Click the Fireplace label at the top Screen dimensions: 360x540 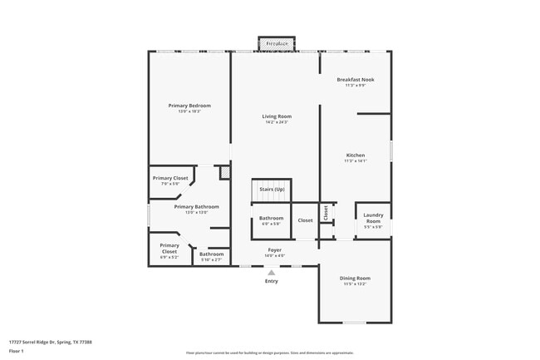pos(277,43)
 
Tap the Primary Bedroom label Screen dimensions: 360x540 pos(189,106)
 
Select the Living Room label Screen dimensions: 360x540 pos(277,116)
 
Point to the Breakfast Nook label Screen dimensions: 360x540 pos(356,80)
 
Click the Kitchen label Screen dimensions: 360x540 pos(355,155)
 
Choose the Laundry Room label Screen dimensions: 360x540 pos(373,218)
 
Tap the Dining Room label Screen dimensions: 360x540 pos(355,278)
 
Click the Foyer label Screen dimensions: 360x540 pos(274,249)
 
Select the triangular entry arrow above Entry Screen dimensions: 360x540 pos(271,272)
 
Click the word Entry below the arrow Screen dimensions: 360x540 pos(272,281)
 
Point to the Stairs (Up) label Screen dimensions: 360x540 pos(272,190)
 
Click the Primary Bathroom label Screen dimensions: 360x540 pos(196,206)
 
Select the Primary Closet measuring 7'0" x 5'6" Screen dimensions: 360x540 pos(170,178)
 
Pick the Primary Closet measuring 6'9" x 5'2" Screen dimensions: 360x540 pos(169,248)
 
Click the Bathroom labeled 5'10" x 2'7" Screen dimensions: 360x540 pos(211,254)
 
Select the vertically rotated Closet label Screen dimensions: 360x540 pos(326,214)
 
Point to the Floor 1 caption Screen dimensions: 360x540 pos(16,351)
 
